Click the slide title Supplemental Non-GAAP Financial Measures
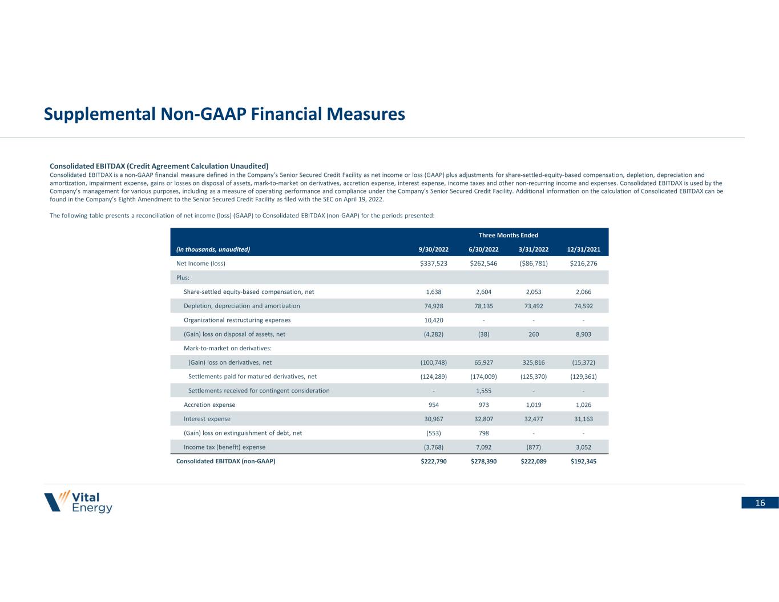[224, 114]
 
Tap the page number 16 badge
[760, 503]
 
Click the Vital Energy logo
[78, 502]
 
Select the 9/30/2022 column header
[433, 249]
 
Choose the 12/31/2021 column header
[583, 249]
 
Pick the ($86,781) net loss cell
[533, 264]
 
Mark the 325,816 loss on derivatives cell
[533, 362]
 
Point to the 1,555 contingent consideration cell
[483, 391]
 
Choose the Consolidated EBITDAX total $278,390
[483, 462]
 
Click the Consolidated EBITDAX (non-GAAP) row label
[225, 461]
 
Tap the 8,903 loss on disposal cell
[583, 334]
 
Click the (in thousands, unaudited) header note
[213, 249]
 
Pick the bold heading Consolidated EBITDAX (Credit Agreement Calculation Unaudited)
[159, 167]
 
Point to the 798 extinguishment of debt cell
[483, 433]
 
